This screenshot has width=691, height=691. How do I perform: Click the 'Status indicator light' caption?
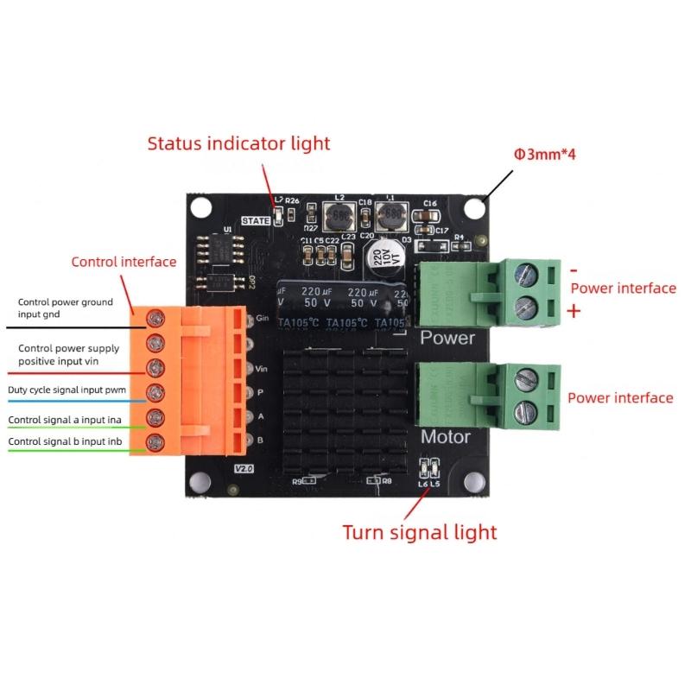click(238, 143)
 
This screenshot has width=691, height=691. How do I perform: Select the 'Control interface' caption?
click(124, 262)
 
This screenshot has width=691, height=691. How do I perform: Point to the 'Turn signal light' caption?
click(420, 532)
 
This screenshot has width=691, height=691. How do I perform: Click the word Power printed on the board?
click(447, 337)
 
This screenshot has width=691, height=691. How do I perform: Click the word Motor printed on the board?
click(445, 437)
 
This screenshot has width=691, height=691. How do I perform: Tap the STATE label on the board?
click(257, 220)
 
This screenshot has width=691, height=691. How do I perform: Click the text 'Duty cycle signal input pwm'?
click(67, 390)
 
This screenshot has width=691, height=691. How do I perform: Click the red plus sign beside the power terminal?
click(574, 312)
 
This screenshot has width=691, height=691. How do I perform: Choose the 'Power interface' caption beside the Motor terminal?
click(619, 398)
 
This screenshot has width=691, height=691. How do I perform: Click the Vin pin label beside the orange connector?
click(263, 369)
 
